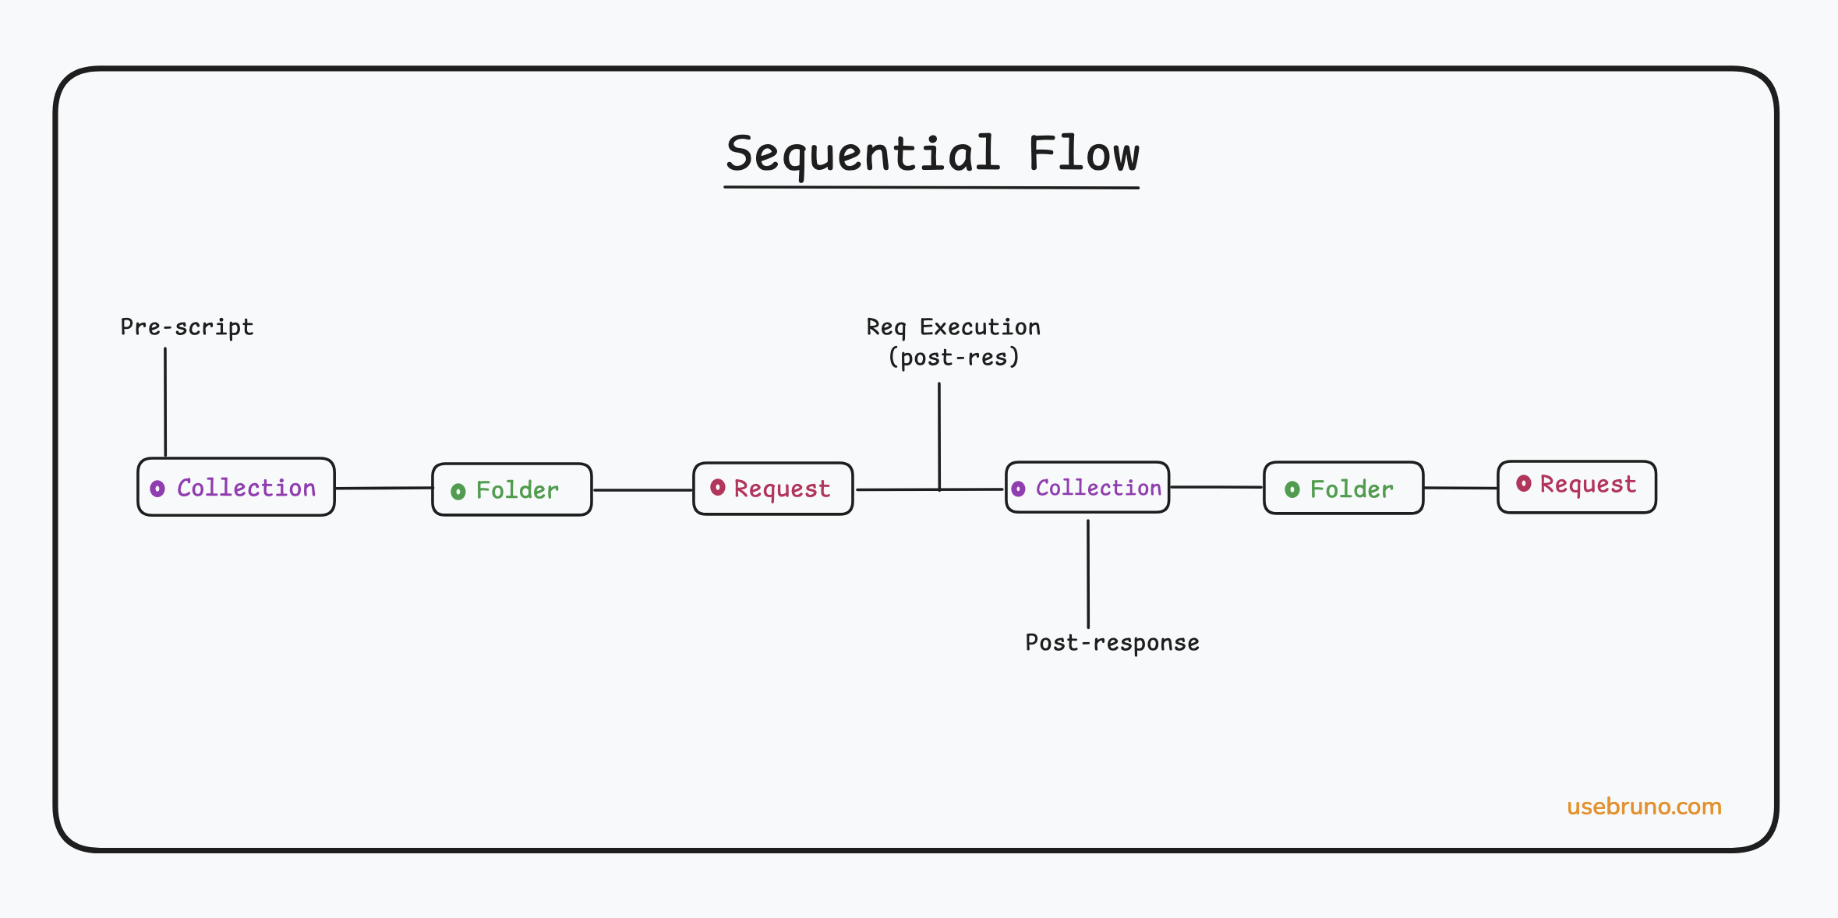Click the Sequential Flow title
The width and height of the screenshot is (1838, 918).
tap(931, 154)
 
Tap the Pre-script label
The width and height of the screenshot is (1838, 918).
tap(187, 327)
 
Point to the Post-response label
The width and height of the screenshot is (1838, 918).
tap(1112, 643)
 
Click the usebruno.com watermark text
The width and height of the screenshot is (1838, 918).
tap(1644, 807)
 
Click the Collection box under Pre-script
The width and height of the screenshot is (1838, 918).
tap(236, 487)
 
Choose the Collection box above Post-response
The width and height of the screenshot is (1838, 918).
tap(1087, 487)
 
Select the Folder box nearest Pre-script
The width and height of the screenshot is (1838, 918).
tap(512, 489)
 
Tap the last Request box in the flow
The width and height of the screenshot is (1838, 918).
tap(1576, 486)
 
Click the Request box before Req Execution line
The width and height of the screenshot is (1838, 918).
tap(773, 489)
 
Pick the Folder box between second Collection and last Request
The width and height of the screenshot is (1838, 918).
tap(1343, 488)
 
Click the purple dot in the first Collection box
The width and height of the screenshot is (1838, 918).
tap(157, 489)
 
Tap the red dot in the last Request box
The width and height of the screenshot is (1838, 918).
tap(1523, 484)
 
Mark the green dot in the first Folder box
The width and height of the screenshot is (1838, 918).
tap(458, 491)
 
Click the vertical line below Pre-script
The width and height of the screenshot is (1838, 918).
tap(165, 401)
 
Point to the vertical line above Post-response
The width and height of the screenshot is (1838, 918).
tap(1088, 573)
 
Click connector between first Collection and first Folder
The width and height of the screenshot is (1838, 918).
tap(384, 488)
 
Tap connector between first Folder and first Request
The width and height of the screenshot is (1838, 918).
tap(642, 490)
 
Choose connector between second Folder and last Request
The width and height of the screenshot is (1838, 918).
tap(1460, 488)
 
